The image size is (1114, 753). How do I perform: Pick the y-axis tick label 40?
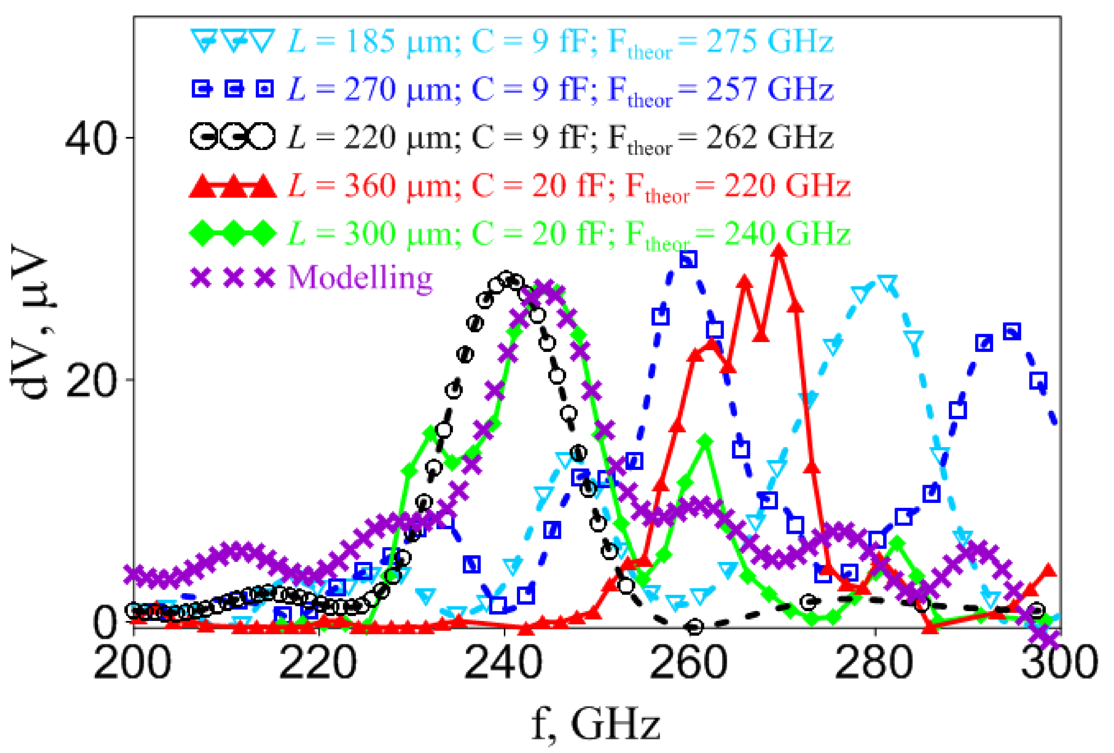pos(91,139)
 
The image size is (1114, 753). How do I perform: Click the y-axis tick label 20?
pos(91,381)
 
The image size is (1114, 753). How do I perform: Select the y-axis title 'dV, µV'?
pos(30,321)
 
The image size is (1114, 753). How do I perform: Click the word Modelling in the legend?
pos(360,277)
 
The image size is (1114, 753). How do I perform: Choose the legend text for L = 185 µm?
pos(560,42)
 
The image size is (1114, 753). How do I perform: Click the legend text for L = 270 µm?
pos(560,90)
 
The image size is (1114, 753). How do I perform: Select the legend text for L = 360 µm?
pos(569,186)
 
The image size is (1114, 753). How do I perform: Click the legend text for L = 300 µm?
pos(569,234)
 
